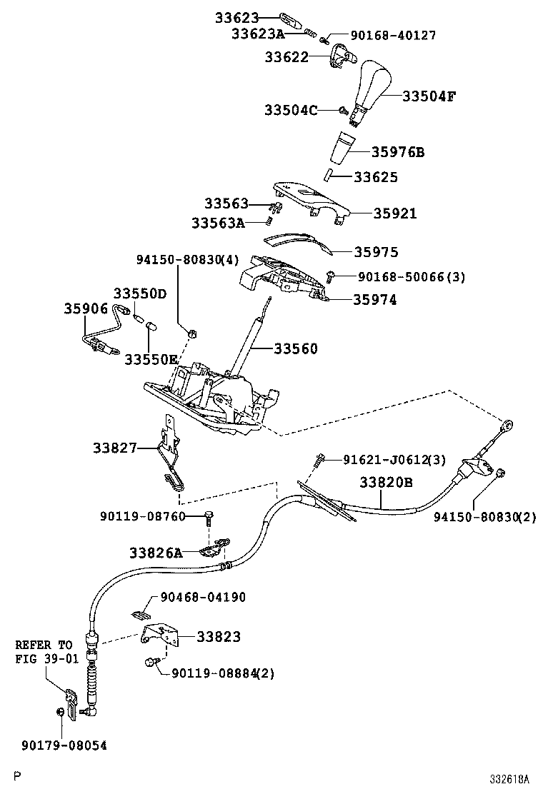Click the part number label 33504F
coord(429,96)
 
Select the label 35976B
coord(398,152)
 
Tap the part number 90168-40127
coord(392,35)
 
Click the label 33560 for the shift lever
coord(296,349)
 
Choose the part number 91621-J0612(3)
coord(384,460)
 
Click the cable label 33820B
coord(386,483)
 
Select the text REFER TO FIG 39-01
coord(46,652)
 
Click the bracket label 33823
coord(219,636)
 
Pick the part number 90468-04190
coord(203,597)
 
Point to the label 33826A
coord(156,553)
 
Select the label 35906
coord(86,308)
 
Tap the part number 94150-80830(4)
coord(188,261)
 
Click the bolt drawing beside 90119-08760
coord(208,516)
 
